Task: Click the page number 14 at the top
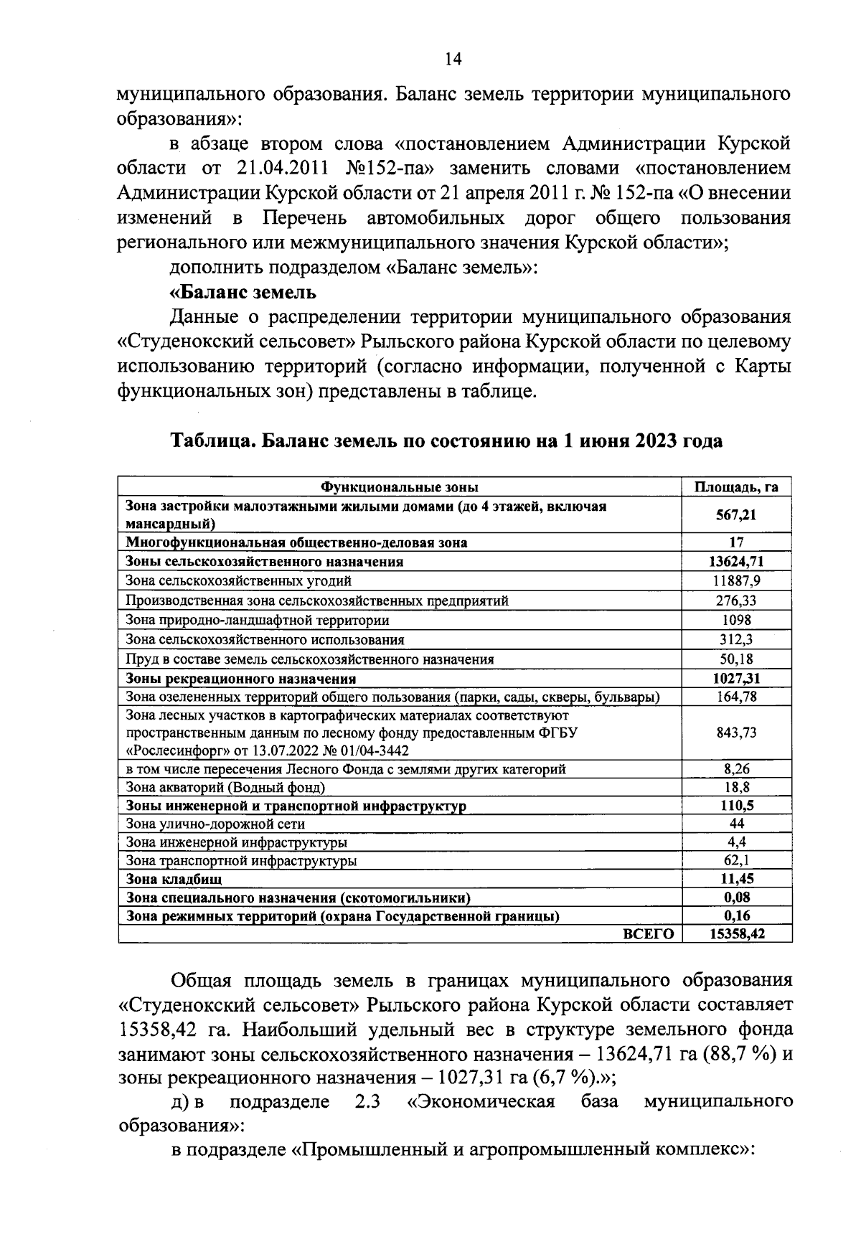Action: click(x=453, y=60)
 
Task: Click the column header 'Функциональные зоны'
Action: click(x=399, y=488)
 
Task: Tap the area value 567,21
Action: click(x=736, y=515)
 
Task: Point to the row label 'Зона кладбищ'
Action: click(x=174, y=879)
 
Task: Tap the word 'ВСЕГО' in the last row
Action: click(x=649, y=933)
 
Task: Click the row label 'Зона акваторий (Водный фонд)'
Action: click(x=225, y=788)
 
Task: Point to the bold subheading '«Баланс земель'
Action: click(x=243, y=293)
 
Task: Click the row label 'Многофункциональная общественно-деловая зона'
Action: click(x=296, y=543)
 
